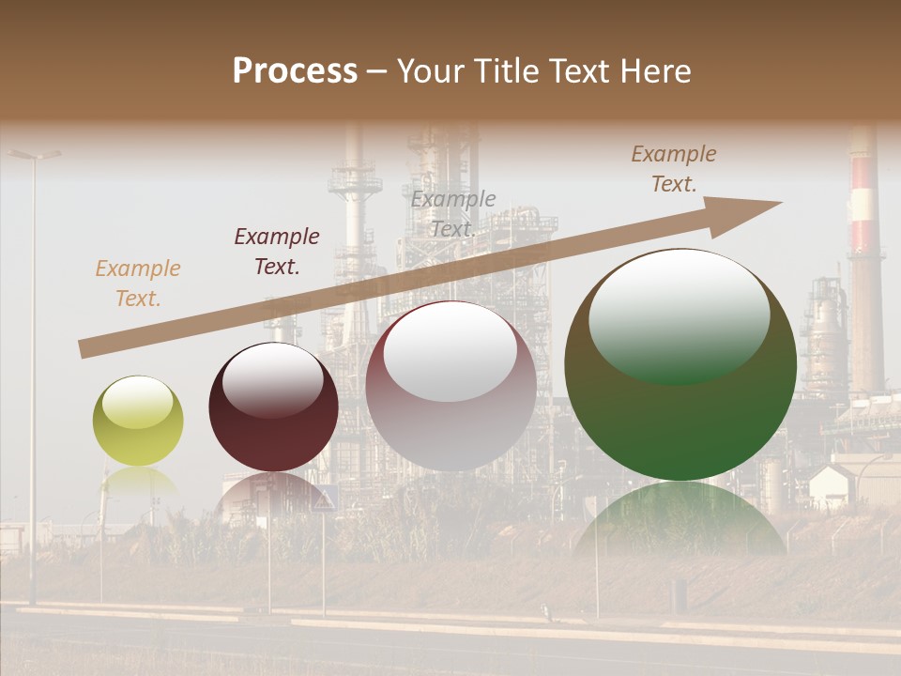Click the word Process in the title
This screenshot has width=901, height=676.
[295, 71]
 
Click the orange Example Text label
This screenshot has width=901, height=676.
[138, 284]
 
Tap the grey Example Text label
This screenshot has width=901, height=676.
[453, 213]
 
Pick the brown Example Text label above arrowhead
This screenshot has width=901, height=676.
[674, 169]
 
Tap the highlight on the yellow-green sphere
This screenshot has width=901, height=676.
[138, 403]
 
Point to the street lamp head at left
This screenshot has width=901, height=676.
[36, 154]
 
